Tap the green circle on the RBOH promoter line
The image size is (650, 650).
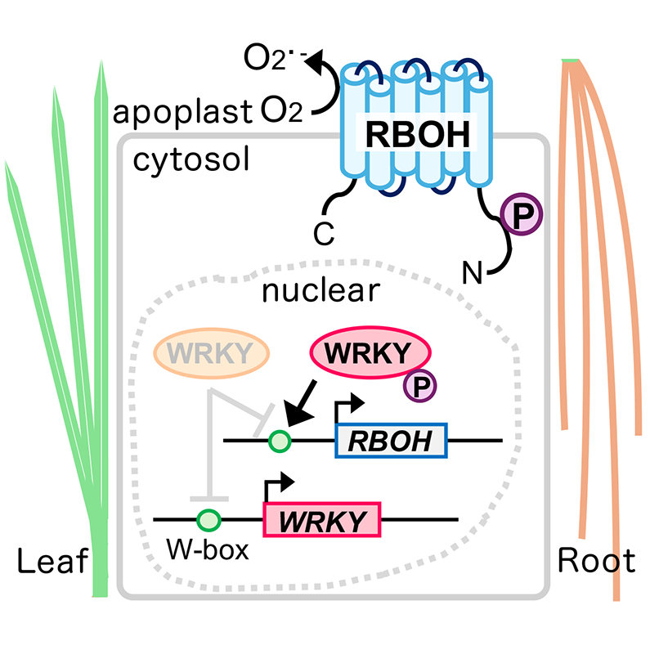pyautogui.click(x=280, y=442)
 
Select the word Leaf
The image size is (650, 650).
pyautogui.click(x=52, y=562)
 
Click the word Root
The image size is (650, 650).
pyautogui.click(x=596, y=562)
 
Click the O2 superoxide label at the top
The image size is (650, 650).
pyautogui.click(x=270, y=61)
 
